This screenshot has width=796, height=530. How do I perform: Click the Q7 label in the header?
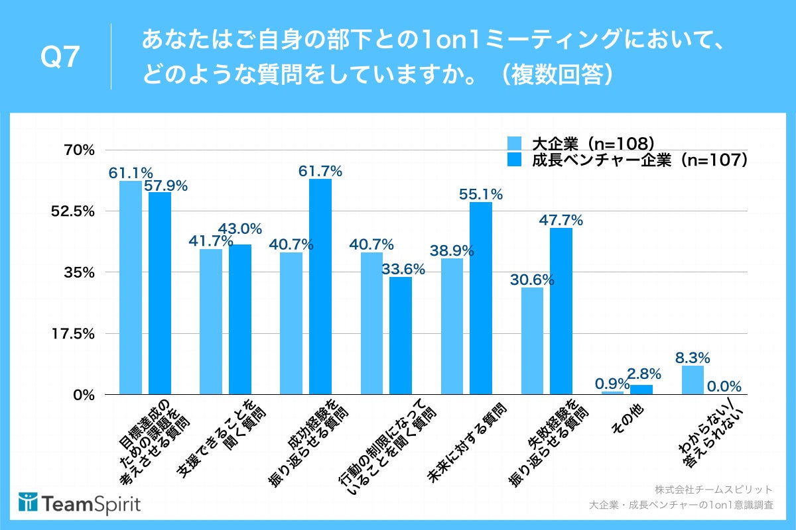click(61, 58)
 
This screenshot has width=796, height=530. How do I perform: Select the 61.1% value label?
click(131, 173)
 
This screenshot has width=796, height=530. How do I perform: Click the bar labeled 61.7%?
click(320, 286)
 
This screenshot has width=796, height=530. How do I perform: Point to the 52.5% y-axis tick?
click(78, 211)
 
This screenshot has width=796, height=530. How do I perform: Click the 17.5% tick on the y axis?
click(78, 334)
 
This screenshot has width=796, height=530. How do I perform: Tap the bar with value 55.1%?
click(481, 298)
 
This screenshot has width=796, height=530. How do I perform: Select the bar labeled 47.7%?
click(561, 311)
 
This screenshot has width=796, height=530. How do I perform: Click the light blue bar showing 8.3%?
click(693, 380)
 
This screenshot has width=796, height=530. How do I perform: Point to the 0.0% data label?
click(724, 386)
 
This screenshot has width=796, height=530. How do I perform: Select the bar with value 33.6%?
click(401, 335)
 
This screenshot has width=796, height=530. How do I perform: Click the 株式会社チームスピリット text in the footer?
click(713, 490)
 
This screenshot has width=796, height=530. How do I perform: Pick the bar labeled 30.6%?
click(532, 341)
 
